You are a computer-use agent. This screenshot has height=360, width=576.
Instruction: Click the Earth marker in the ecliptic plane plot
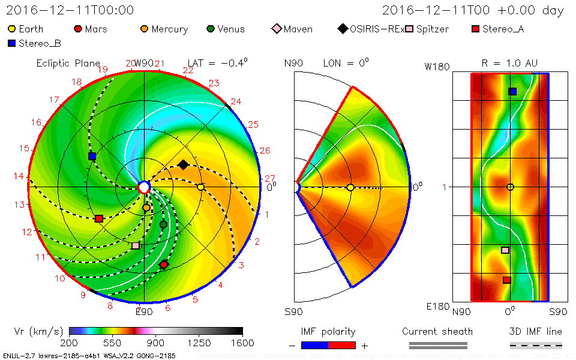point(200,187)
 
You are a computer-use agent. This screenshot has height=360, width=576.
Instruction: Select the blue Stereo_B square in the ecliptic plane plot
point(92,156)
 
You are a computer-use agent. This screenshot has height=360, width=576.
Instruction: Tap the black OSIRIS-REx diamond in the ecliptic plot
point(183,164)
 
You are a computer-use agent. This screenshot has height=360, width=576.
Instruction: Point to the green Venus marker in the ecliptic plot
point(163,224)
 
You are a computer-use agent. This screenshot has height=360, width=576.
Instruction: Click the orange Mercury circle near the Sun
point(146,208)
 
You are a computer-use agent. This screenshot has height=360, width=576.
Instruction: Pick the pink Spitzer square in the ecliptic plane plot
point(136,245)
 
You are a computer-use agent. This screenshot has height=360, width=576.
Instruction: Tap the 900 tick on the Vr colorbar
point(156,343)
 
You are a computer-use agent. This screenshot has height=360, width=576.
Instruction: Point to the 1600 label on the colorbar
point(242,343)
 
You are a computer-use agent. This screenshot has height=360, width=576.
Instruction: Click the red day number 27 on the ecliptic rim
point(269,178)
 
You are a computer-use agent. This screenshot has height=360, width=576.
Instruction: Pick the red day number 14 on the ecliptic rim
point(19,176)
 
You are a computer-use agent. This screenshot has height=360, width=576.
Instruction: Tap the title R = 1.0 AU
point(509,63)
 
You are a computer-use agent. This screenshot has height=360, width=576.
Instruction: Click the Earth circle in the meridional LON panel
point(350,187)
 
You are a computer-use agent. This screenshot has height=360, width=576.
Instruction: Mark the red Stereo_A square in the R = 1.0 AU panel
point(507,280)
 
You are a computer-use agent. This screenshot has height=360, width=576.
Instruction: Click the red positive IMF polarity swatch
point(342,345)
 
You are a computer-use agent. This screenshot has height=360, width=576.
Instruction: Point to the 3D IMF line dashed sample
point(536,345)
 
